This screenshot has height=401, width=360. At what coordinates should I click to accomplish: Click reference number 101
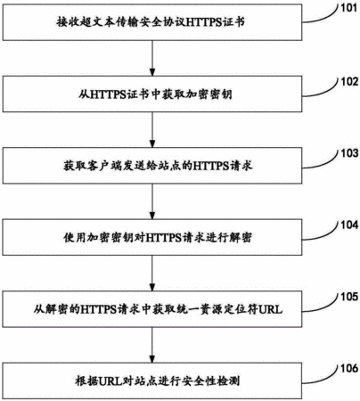[x=348, y=8]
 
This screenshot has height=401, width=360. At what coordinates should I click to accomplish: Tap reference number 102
[x=349, y=82]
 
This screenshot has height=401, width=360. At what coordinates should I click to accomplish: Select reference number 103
[x=349, y=153]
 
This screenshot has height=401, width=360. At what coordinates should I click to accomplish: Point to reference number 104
[x=349, y=225]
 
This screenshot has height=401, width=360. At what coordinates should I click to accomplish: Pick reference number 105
[x=349, y=297]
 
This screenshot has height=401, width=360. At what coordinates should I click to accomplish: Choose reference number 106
[x=349, y=369]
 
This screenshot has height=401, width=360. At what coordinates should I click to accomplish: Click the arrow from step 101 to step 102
[x=152, y=58]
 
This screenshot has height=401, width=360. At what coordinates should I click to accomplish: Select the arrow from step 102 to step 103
[x=152, y=130]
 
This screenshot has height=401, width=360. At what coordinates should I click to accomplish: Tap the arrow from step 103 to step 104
[x=152, y=201]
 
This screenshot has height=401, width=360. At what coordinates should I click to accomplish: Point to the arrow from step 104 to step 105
[x=152, y=274]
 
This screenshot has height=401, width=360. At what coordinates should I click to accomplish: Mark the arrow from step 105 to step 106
[x=152, y=345]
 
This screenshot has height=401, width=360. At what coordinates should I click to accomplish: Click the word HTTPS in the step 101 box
[x=204, y=22]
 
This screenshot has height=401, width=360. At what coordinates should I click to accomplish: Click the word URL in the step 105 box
[x=270, y=310]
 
